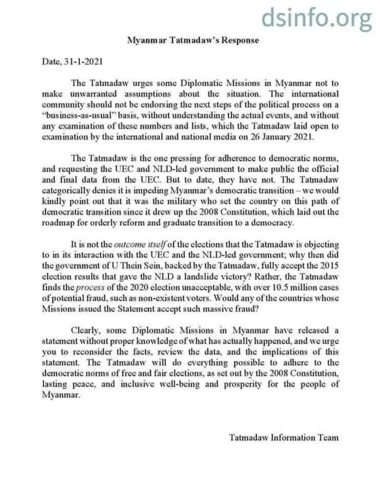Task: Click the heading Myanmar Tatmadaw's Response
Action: [193, 40]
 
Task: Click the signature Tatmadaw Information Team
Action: [283, 437]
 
